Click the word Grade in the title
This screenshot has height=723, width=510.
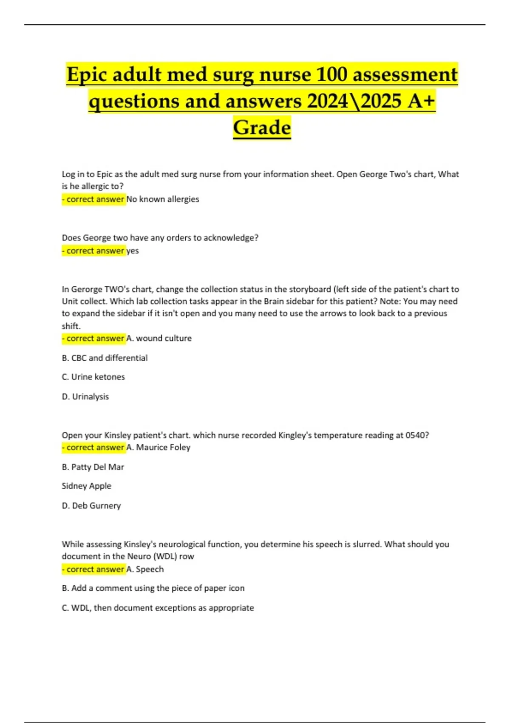click(262, 127)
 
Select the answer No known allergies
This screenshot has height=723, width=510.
click(163, 199)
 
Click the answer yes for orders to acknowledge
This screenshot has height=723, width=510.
click(133, 250)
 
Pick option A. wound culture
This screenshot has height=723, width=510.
click(159, 338)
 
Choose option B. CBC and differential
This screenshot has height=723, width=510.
click(105, 358)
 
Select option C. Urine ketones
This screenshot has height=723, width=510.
click(93, 377)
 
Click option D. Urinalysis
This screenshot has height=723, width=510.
click(85, 396)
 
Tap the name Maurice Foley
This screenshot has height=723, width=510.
click(163, 447)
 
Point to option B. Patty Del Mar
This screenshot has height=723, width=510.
click(93, 467)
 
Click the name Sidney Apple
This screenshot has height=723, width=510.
click(86, 486)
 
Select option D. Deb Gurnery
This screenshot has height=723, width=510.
click(91, 505)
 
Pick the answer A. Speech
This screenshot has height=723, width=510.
click(145, 569)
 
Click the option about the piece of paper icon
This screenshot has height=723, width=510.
click(153, 588)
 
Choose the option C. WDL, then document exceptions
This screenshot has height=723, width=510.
click(158, 608)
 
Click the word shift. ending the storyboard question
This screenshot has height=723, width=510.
click(71, 326)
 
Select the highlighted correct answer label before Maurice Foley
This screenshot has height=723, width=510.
click(93, 447)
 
